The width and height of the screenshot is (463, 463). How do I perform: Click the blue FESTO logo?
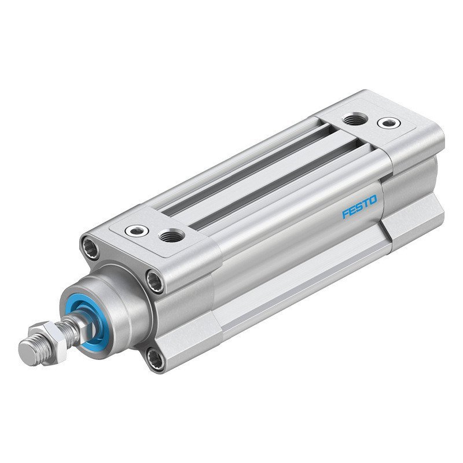click(359, 207)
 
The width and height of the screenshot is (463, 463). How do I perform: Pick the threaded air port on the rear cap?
click(351, 120)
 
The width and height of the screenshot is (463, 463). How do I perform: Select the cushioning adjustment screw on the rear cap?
click(387, 123)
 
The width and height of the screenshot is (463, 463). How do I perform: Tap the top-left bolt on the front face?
click(91, 245)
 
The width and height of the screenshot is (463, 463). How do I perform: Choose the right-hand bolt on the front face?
click(155, 282)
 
